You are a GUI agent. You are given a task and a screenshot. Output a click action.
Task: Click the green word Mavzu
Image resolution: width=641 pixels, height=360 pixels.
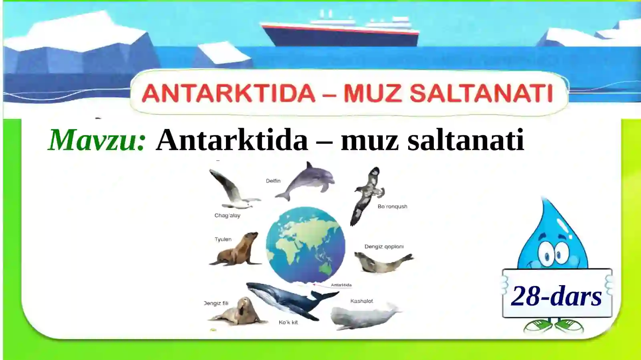pos(96,140)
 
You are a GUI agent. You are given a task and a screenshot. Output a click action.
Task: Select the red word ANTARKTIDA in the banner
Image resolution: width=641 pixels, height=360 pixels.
pos(228,93)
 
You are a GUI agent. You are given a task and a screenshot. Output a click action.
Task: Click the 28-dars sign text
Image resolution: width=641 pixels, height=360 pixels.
pos(556,296)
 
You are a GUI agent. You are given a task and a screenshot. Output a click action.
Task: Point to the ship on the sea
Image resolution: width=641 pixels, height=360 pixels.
pos(341,30)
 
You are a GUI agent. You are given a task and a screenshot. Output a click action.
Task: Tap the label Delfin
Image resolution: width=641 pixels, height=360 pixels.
pos(273,181)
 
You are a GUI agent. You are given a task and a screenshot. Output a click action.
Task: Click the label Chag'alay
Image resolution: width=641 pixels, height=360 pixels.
pos(227,215)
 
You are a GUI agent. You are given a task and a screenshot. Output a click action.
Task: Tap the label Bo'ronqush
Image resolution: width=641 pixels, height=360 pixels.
pos(392,207)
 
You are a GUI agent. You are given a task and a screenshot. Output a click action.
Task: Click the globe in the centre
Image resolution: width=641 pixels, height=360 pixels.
pos(305,245)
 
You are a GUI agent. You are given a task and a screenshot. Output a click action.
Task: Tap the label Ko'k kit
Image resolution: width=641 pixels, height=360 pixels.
pos(288,322)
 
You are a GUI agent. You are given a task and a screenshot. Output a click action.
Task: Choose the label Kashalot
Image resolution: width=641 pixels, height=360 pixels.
pos(361,301)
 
